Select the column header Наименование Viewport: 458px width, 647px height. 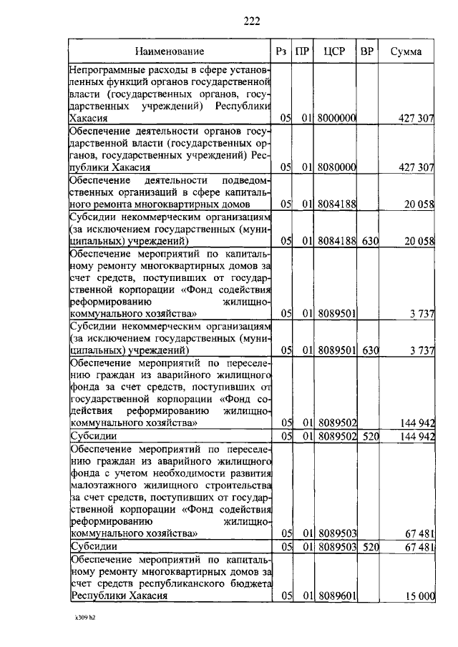pos(170,51)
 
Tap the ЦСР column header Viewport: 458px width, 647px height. pos(336,51)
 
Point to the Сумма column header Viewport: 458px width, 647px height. pos(406,51)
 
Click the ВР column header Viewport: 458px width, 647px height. pos(369,51)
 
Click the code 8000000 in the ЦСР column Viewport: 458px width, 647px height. pos(338,119)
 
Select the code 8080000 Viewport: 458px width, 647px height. pos(338,167)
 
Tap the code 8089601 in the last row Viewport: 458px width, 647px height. pos(338,596)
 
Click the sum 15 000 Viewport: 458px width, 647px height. pos(419,596)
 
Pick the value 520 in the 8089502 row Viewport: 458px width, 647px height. pos(369,436)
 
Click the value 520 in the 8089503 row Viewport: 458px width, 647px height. pos(369,547)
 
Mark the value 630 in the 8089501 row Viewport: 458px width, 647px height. pos(369,350)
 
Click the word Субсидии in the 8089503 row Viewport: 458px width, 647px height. pos(92,547)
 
